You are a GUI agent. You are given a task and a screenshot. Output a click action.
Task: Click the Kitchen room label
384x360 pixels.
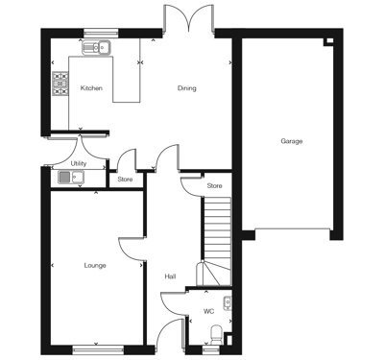[91, 88]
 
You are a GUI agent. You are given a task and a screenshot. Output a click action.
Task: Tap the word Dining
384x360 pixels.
[187, 88]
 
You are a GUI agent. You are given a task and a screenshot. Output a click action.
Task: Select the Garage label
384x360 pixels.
[292, 141]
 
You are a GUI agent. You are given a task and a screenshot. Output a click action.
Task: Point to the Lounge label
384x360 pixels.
[95, 266]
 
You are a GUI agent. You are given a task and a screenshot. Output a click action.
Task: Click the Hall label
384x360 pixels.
[170, 276]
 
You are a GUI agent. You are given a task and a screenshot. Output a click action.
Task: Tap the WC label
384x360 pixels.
[208, 311]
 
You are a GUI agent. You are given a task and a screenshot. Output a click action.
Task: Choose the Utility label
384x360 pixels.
[79, 163]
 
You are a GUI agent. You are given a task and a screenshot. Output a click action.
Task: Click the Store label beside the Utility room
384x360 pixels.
[125, 180]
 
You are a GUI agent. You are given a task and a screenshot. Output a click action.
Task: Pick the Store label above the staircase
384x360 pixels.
[214, 185]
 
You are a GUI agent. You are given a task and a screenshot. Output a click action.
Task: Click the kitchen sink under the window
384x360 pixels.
[97, 48]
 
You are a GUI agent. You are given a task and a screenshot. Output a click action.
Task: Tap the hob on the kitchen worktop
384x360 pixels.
[60, 84]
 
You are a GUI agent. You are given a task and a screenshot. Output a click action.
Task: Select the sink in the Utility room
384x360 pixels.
[71, 178]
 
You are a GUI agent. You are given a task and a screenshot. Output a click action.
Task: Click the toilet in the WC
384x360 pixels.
[217, 335]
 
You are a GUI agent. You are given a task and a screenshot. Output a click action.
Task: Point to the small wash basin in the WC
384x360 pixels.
[228, 303]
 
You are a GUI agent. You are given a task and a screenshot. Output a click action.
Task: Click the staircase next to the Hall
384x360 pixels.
[216, 241]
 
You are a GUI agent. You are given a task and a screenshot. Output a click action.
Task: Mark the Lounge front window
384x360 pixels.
[98, 349]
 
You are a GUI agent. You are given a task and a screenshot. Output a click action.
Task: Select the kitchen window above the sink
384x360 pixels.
[101, 33]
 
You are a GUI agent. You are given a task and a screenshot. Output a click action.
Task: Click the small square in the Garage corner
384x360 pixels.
[329, 41]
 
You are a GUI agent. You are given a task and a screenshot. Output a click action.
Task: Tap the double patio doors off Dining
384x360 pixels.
[189, 18]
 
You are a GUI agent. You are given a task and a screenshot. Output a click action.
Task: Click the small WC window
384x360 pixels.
[210, 350]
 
